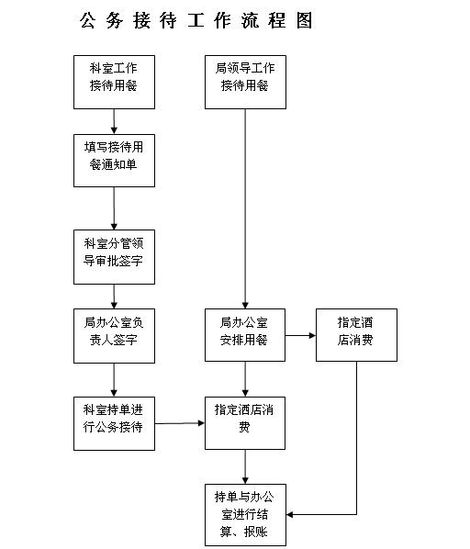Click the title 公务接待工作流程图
(196, 20)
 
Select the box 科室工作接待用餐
(114, 82)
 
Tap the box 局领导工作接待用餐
(245, 82)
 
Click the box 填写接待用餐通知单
(114, 161)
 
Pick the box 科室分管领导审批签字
(114, 257)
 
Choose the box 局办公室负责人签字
(114, 336)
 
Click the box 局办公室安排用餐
(245, 335)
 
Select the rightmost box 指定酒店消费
(356, 335)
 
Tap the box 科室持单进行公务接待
(114, 423)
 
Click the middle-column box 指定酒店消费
(245, 423)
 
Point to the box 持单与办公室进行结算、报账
(245, 515)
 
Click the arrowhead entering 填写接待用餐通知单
(114, 130)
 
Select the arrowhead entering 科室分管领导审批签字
(114, 226)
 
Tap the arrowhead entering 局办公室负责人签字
(114, 305)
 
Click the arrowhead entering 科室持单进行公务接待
(114, 393)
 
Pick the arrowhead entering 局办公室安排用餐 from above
(245, 305)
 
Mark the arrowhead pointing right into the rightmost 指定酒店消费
(312, 335)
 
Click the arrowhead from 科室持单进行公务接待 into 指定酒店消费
(201, 423)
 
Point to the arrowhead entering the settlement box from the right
(290, 515)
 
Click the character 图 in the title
(304, 20)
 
